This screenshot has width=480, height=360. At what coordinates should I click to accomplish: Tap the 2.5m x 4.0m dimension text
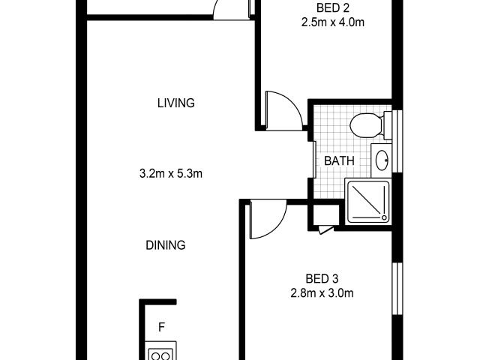pos(328,22)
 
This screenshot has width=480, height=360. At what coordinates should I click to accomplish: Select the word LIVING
pos(176,103)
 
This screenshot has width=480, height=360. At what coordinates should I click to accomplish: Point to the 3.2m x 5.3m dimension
pos(172,174)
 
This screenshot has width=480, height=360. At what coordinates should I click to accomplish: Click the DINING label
pos(166,244)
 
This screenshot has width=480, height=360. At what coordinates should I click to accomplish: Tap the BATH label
pos(339,160)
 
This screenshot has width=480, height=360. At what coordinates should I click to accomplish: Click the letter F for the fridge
pos(161,327)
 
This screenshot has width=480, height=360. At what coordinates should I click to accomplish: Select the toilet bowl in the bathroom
pos(367,124)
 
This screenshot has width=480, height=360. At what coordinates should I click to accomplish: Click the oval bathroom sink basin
pos(382,160)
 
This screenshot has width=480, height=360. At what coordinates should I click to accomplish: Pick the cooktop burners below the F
pos(160,352)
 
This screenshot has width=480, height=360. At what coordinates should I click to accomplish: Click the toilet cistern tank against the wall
pos(386,124)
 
